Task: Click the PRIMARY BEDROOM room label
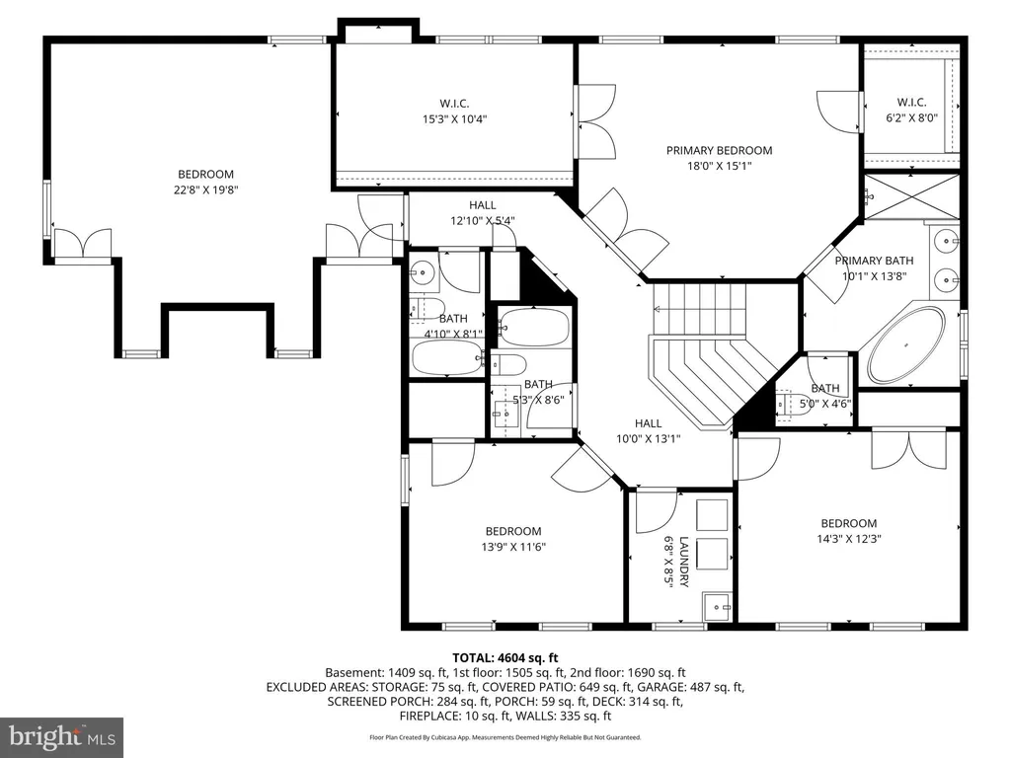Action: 719,151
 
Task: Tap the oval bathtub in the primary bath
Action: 905,344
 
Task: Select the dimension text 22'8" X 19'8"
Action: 205,189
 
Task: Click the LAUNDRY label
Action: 683,562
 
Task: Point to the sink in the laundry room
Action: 717,607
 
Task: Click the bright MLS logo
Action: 62,736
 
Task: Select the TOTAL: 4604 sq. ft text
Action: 505,658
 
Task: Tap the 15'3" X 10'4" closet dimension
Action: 454,118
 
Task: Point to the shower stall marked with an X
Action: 911,196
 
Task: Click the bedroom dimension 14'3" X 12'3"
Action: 848,539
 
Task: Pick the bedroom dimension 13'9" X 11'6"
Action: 513,547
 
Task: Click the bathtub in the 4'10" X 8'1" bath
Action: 447,357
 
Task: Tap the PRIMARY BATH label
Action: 875,261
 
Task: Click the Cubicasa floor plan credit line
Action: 505,737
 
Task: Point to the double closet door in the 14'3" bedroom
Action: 908,449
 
